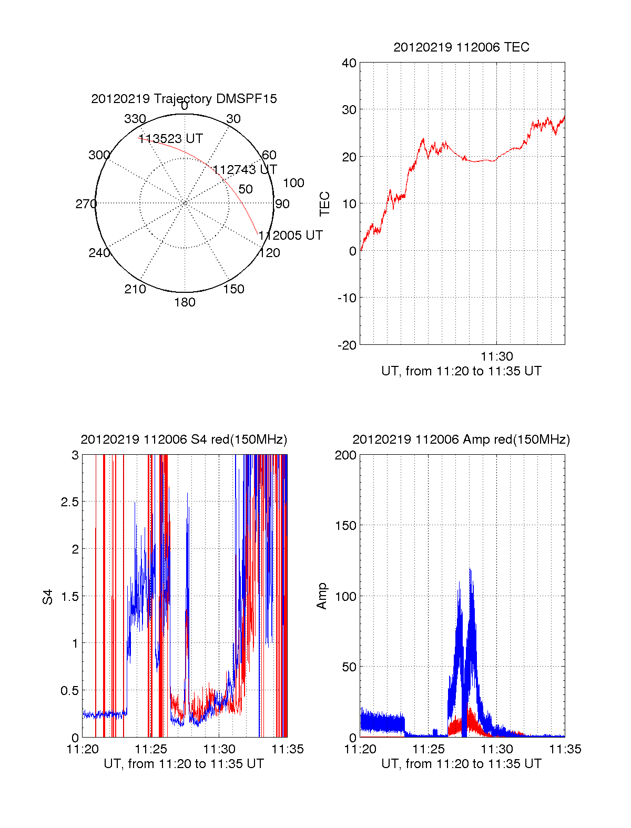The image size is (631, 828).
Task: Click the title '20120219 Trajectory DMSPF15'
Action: [184, 99]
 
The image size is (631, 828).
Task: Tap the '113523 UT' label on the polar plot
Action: [170, 139]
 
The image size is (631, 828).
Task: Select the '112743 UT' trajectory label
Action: [245, 170]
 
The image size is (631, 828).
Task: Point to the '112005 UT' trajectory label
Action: [291, 236]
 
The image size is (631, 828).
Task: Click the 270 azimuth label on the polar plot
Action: [86, 204]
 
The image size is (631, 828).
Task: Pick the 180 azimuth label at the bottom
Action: [185, 302]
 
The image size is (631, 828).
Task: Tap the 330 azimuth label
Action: [135, 119]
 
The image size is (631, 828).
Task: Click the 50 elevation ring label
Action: [246, 189]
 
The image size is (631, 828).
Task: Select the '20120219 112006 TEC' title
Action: [461, 47]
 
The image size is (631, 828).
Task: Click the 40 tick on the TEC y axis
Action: [349, 63]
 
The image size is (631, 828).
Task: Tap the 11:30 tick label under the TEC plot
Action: [496, 356]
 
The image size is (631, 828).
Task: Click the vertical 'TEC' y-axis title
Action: [325, 203]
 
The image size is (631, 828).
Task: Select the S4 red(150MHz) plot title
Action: [184, 439]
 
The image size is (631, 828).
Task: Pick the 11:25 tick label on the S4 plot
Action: [151, 749]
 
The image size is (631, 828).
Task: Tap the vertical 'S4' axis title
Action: [48, 597]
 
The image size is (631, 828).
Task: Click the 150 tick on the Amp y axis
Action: [345, 526]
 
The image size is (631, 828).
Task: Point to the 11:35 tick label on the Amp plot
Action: [565, 749]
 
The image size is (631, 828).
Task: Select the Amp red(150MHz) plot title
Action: [461, 439]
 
